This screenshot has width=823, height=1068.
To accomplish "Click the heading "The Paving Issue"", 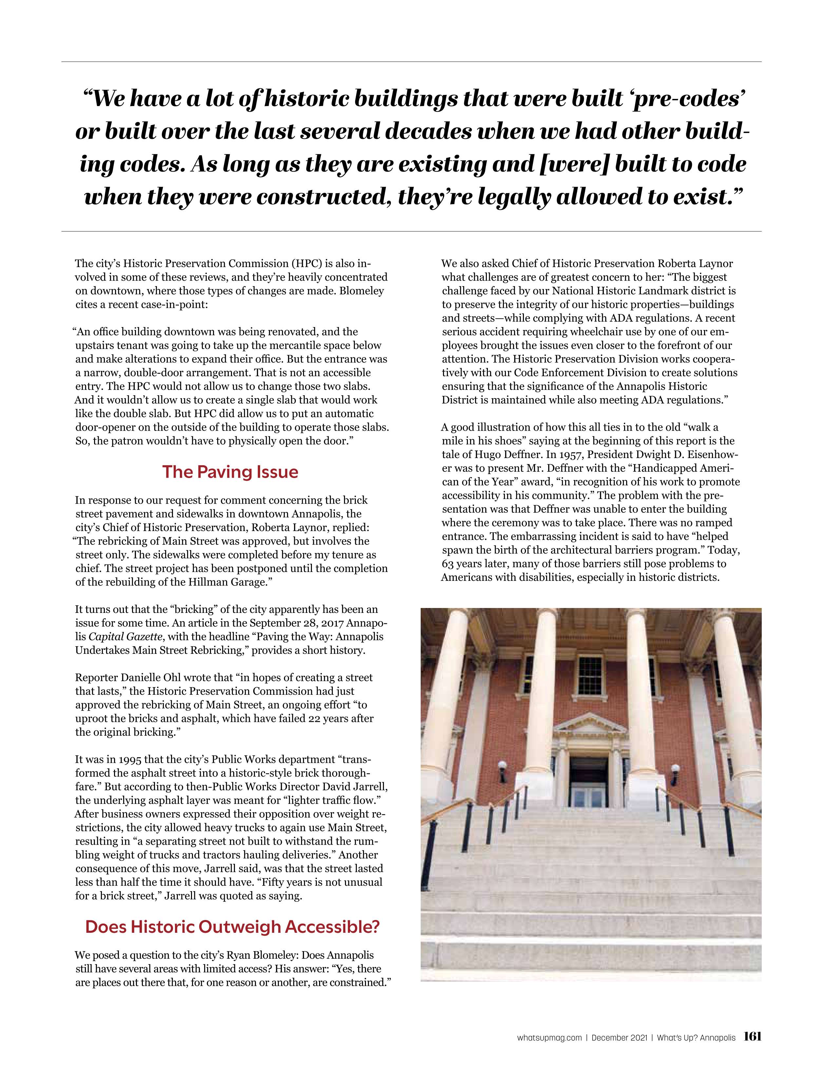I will tap(230, 472).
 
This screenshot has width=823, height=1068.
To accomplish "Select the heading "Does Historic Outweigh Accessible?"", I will tap(232, 927).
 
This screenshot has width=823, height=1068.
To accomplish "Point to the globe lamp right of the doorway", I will tap(675, 769).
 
